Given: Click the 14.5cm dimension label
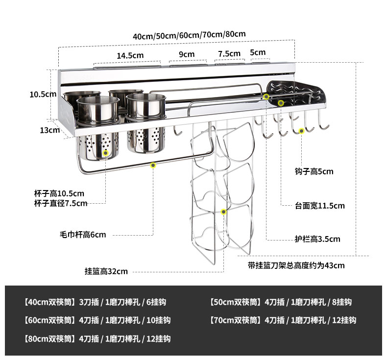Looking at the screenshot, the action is coord(130,55).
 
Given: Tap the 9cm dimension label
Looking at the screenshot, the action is coord(186,54).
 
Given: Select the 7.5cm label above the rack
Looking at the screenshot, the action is coord(229,53).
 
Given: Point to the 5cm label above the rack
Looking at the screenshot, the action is coord(258,52).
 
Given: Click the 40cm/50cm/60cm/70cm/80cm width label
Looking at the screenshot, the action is coord(189,35).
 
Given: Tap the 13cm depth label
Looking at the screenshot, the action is coord(50,130).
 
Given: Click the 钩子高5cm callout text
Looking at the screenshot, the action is coord(314,171).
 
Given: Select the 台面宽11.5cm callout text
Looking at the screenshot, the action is coord(319,206).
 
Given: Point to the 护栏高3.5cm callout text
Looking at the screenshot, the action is coord(317,239).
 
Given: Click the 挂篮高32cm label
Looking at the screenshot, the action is coord(106,271).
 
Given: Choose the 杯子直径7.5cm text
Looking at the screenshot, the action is coord(61,203).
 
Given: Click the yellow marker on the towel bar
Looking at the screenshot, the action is coord(153,166).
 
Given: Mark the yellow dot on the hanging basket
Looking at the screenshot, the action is coord(224,212).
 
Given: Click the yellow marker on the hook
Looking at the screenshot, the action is coord(302,130).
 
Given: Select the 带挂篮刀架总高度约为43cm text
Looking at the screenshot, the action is coord(296,265).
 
